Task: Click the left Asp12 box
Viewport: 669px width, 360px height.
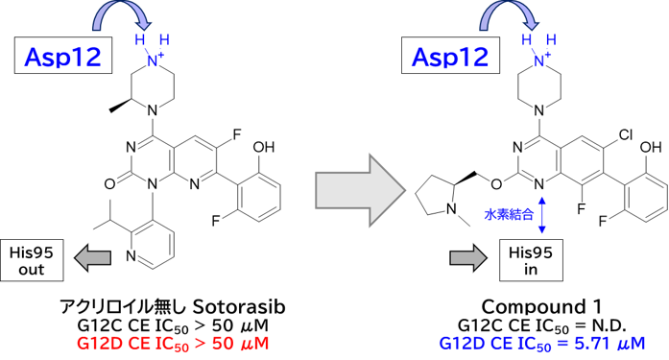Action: (x=63, y=56)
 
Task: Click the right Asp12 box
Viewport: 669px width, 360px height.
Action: (x=450, y=56)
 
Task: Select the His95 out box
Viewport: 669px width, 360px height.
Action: (x=32, y=260)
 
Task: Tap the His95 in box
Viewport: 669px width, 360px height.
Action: (x=531, y=260)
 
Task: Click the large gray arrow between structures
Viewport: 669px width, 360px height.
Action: (x=360, y=190)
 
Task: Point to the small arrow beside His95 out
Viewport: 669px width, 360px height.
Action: (x=92, y=258)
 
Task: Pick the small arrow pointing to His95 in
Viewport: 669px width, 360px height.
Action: (x=468, y=258)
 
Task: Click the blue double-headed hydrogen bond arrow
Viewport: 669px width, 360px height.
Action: (x=542, y=214)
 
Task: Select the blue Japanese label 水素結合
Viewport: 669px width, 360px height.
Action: (x=509, y=214)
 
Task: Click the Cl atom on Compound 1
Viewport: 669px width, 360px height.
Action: (x=626, y=135)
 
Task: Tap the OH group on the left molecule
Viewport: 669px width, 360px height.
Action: (x=263, y=147)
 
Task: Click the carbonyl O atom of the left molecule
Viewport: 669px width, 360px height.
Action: (x=109, y=183)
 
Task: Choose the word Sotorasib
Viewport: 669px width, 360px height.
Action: (x=239, y=306)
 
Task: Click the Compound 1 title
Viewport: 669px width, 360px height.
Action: (x=541, y=306)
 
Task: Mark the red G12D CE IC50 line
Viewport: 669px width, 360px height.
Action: (x=173, y=344)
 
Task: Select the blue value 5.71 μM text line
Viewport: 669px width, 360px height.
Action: (x=542, y=344)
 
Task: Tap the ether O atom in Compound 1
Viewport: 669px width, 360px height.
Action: (x=496, y=183)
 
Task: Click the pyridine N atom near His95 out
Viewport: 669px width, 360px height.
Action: (x=131, y=256)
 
